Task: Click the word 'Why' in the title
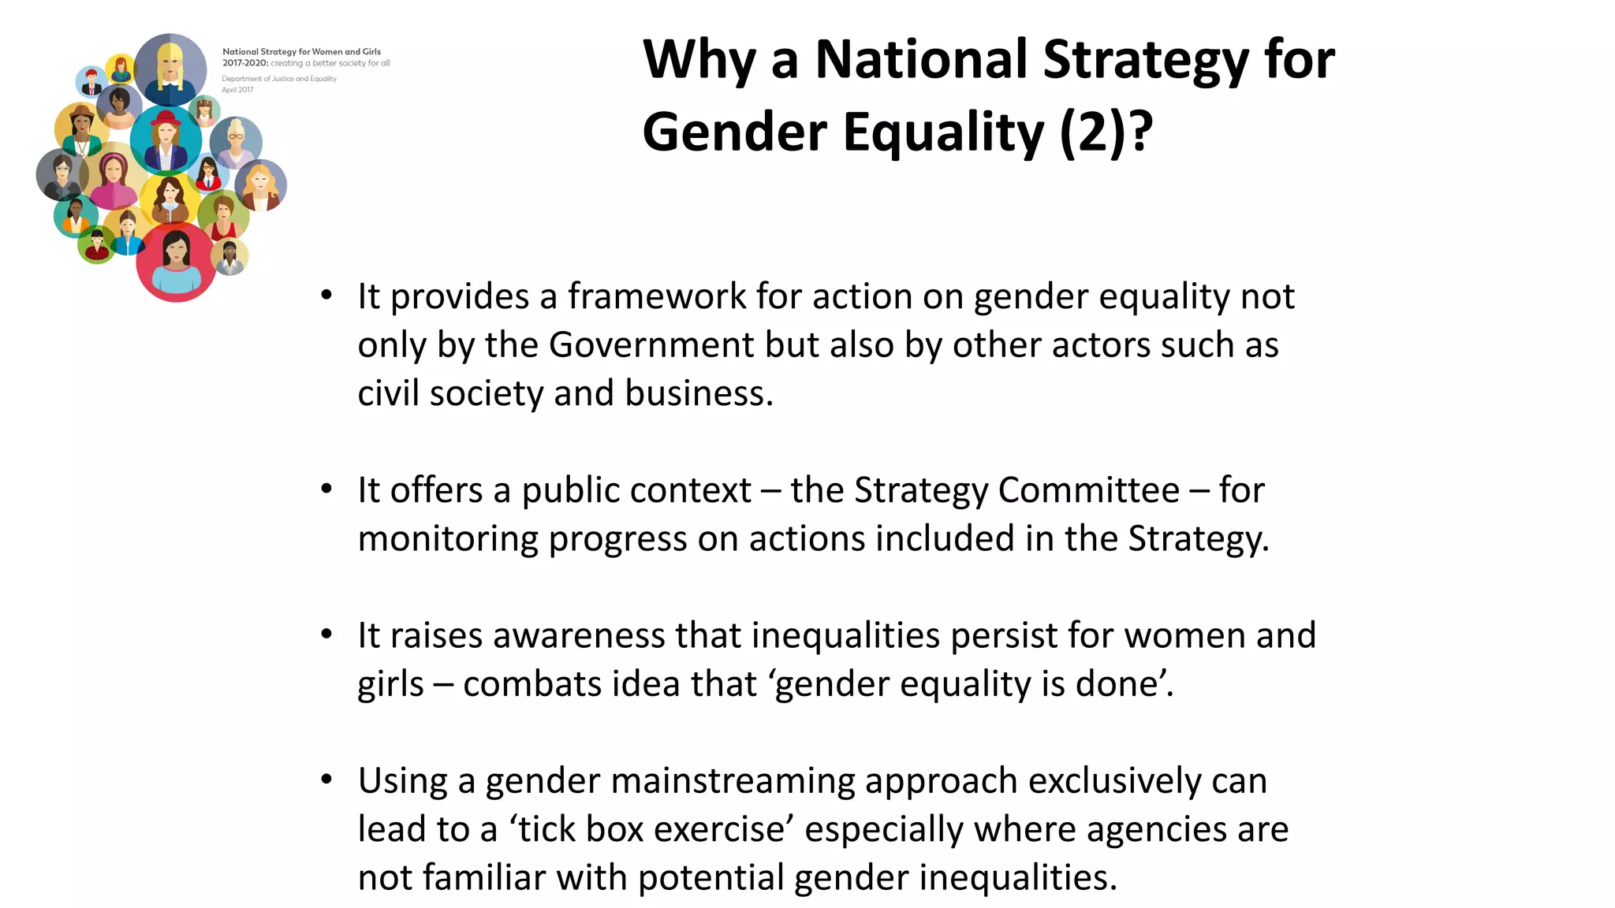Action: pos(699,60)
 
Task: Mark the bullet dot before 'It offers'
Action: pos(326,489)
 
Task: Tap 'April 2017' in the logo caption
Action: pos(237,90)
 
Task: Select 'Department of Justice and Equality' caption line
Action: pos(279,79)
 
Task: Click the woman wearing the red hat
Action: pos(166,140)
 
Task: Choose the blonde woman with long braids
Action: pos(170,67)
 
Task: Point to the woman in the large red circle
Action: pos(176,261)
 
